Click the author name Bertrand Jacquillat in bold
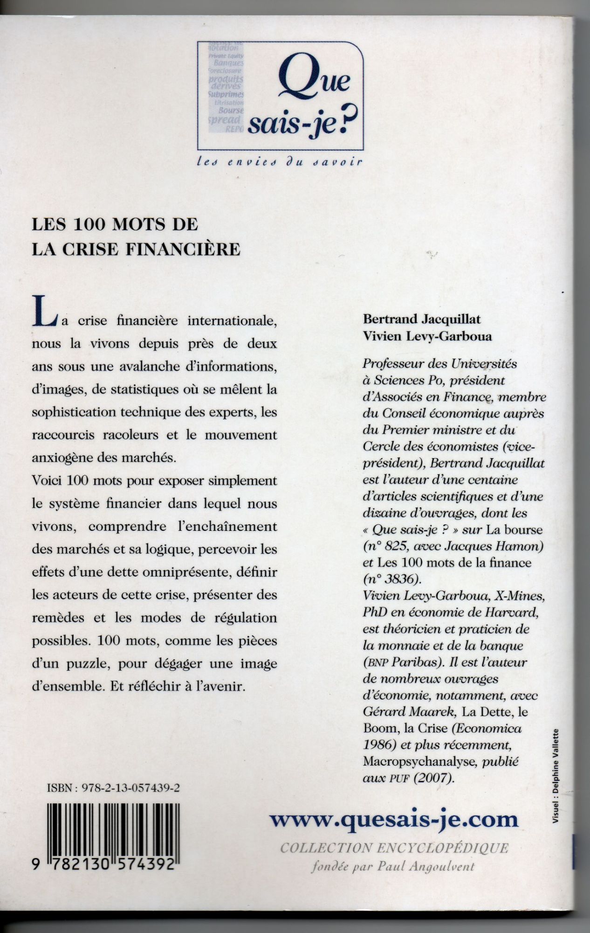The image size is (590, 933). [422, 320]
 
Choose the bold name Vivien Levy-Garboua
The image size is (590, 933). [427, 336]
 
